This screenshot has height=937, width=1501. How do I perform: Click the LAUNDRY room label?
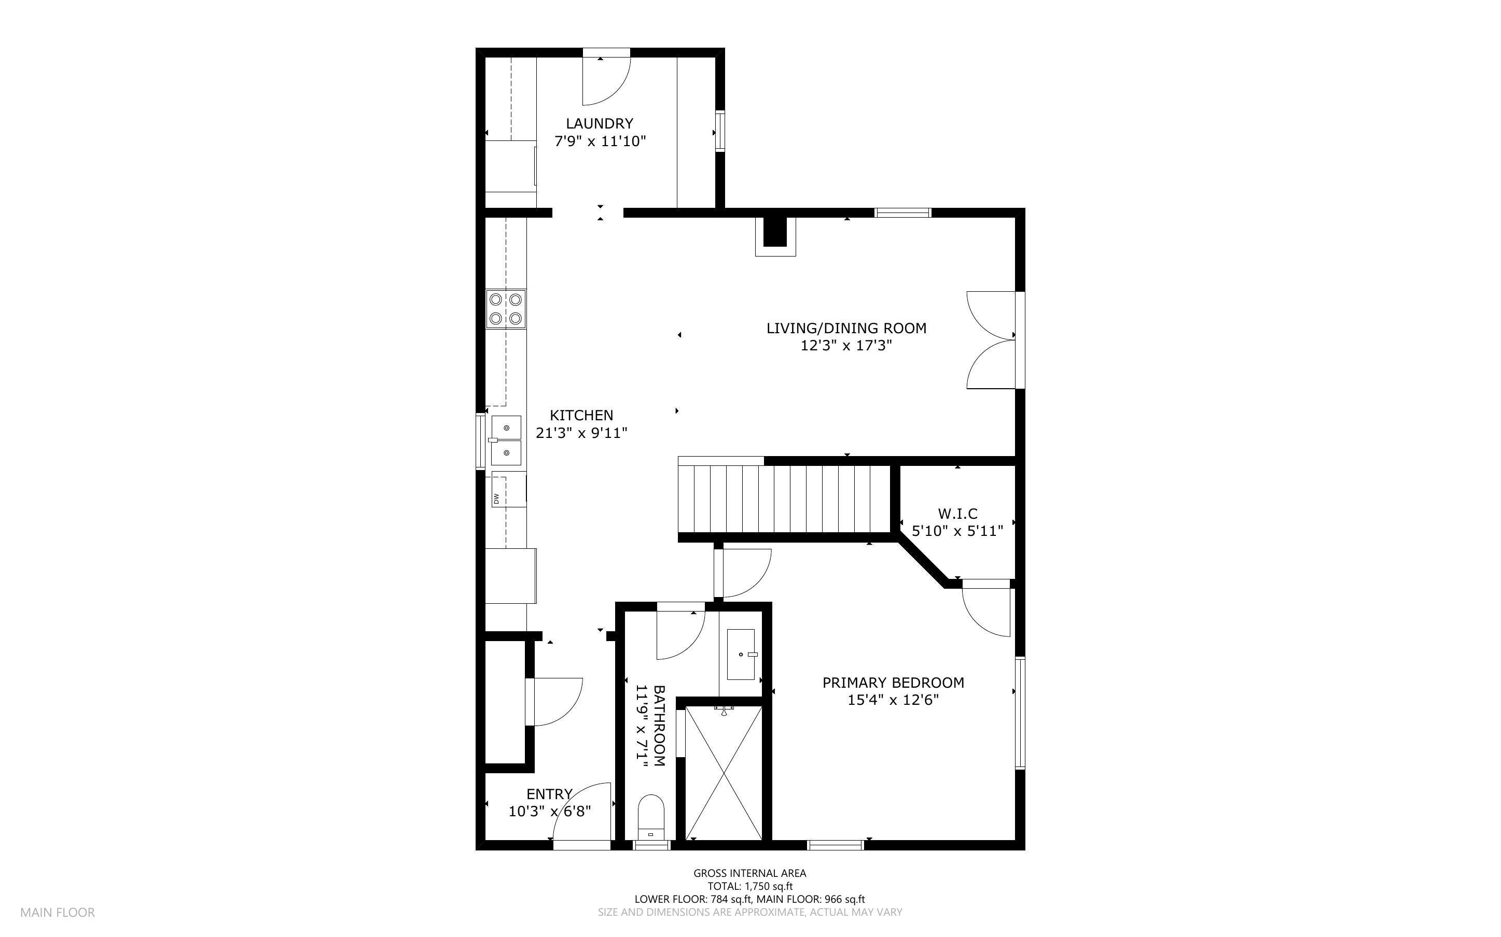coord(599,124)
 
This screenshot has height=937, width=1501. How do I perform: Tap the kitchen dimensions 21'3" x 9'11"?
coord(581,433)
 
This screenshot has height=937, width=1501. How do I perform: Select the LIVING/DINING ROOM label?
coord(846,329)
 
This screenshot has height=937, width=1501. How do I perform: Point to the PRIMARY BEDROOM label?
coord(893,683)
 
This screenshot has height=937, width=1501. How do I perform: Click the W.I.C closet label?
coord(957,514)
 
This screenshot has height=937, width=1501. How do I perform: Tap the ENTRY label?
coord(549,794)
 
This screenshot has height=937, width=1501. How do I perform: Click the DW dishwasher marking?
coord(496,498)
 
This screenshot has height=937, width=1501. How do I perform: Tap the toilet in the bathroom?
coord(650,818)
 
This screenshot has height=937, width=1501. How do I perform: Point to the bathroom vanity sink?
coord(740,655)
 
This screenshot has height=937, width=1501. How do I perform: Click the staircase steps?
coord(784,499)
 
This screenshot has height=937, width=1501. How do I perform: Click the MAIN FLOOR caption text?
coord(58,912)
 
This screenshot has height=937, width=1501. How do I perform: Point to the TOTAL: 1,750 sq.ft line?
coord(749,886)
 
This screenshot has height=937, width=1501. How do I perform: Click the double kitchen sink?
coord(506,440)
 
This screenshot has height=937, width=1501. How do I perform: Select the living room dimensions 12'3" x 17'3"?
coord(846,346)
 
